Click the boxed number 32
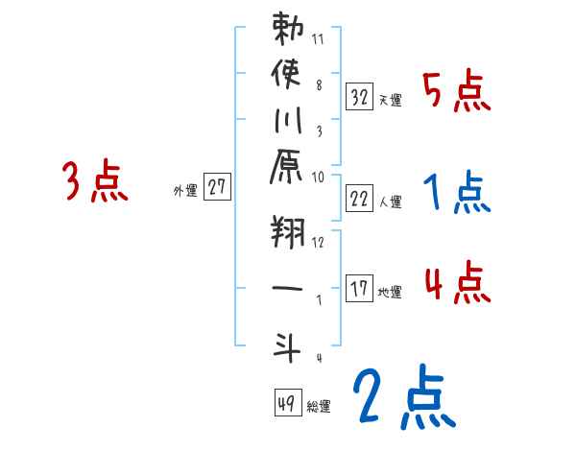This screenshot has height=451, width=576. tap(359, 96)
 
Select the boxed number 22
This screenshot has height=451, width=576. tap(359, 200)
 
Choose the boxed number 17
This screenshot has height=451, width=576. tap(359, 289)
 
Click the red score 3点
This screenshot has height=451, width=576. tap(95, 182)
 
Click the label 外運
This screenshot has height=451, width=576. tap(184, 191)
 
